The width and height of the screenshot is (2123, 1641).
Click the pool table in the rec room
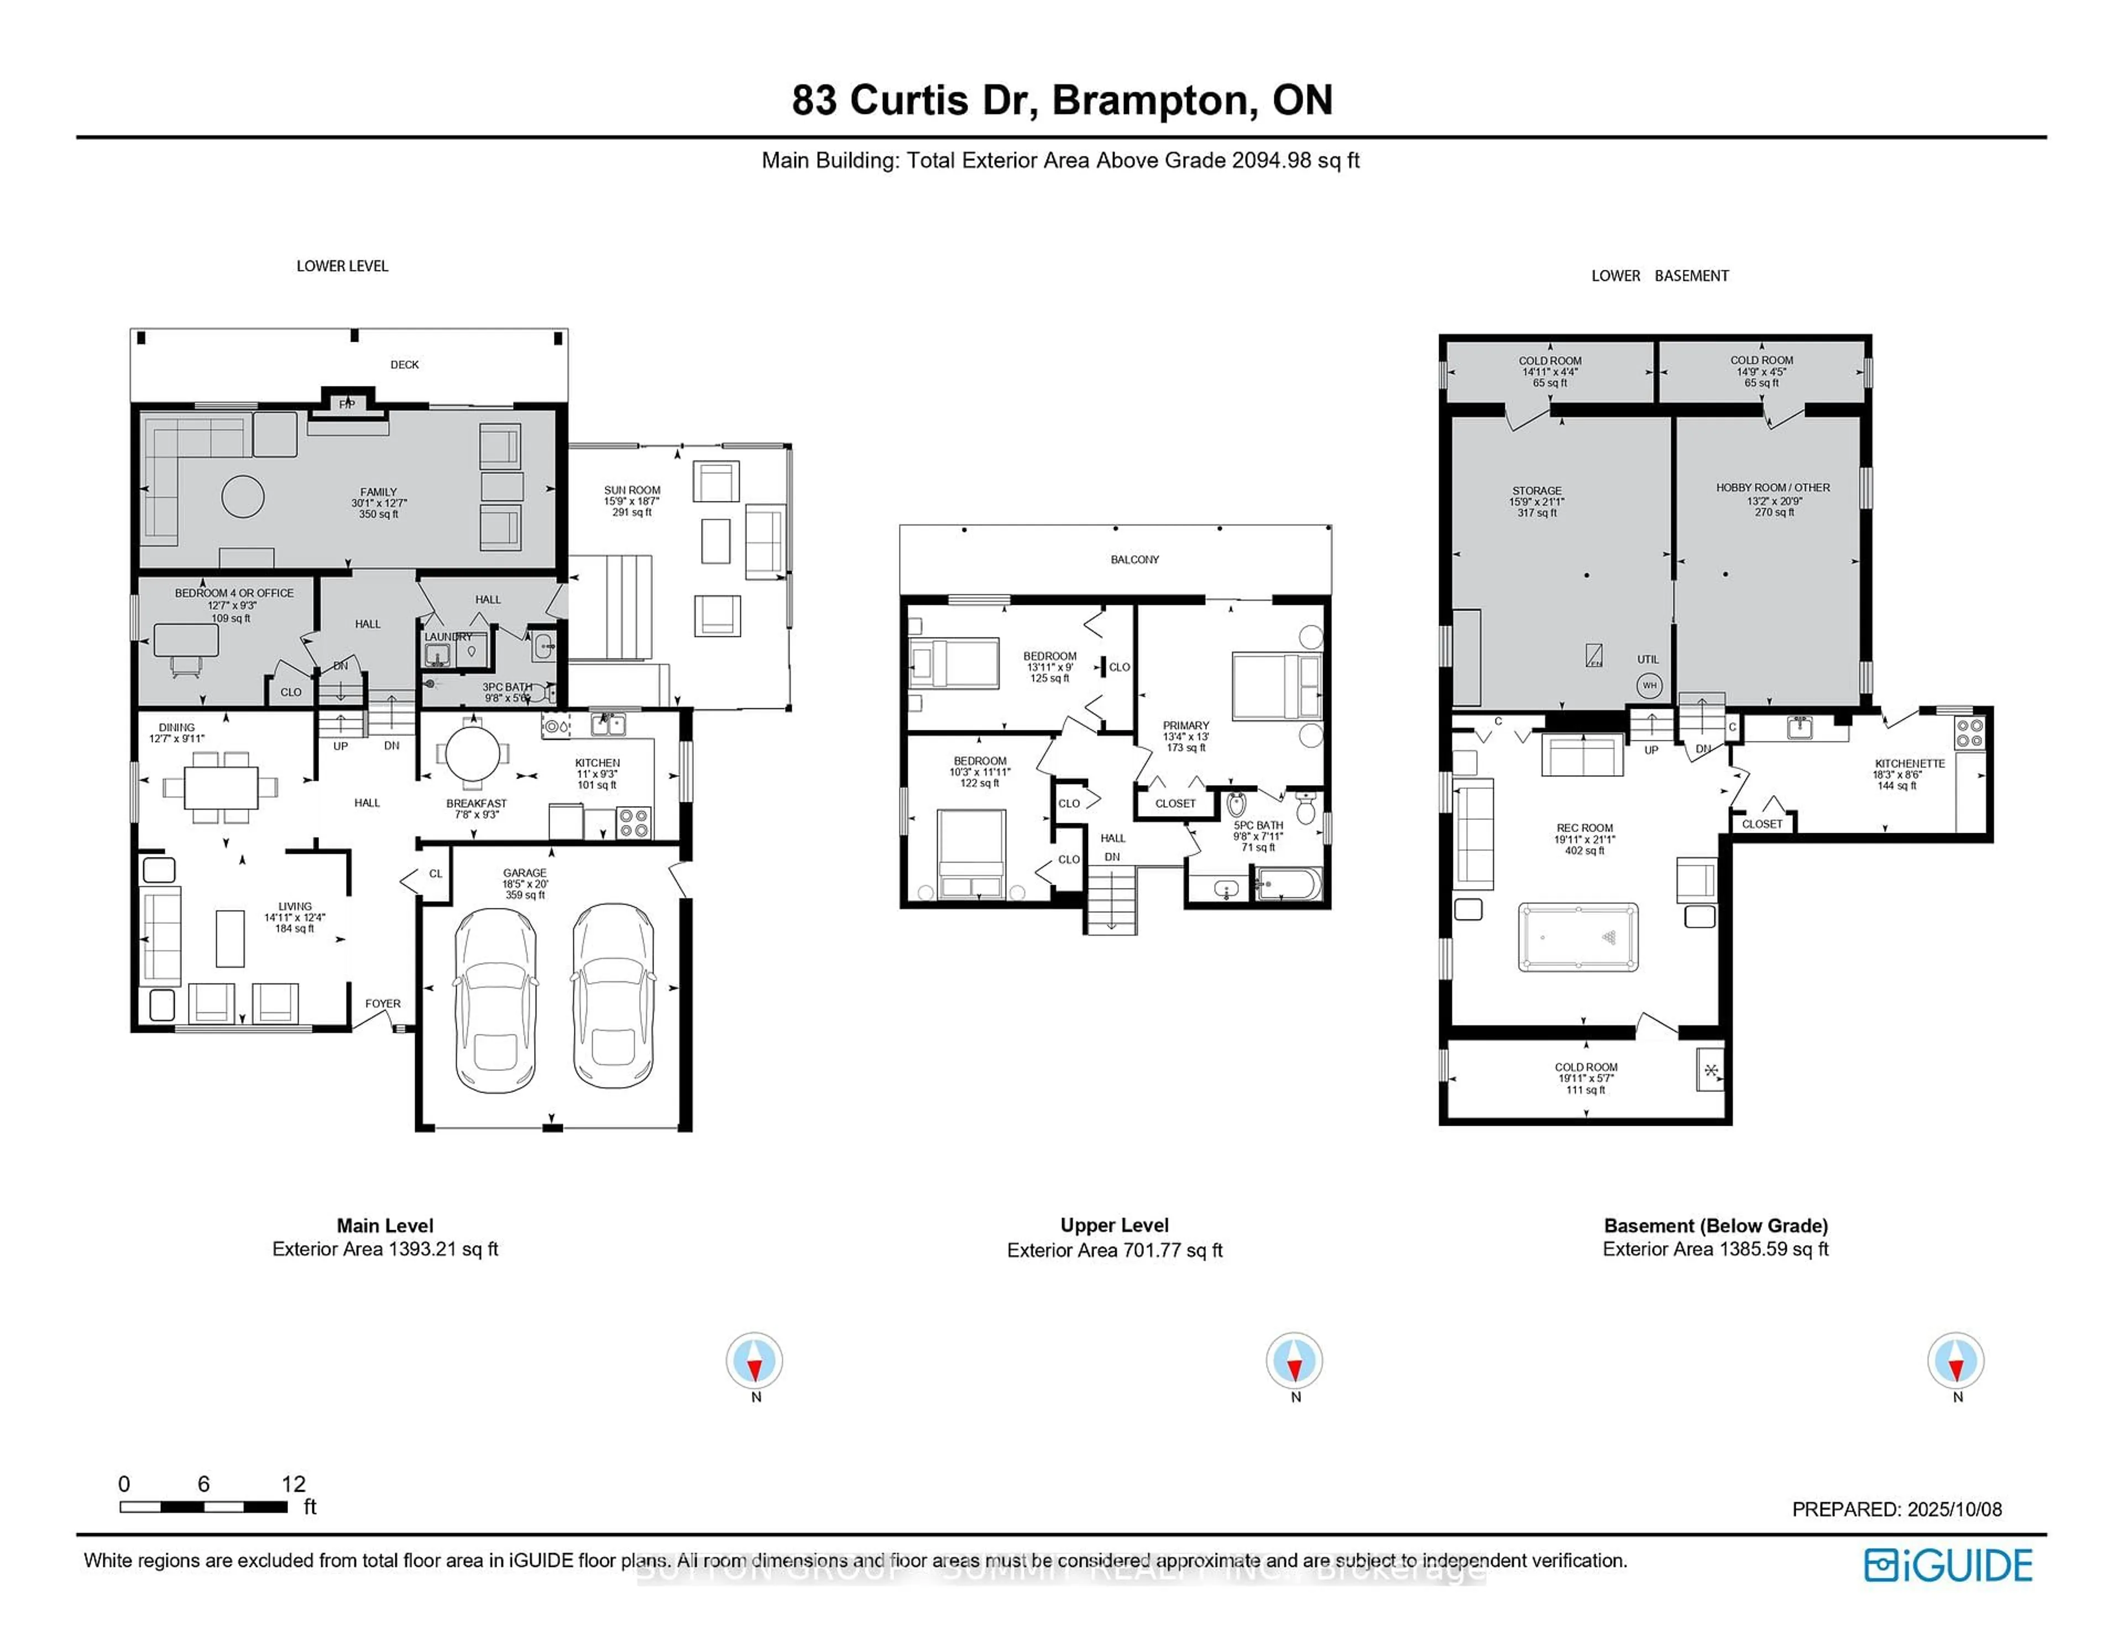(1578, 937)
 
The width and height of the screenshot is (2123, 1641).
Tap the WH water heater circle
(1650, 686)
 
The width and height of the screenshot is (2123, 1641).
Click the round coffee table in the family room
(243, 497)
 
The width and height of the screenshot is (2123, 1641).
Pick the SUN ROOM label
(632, 490)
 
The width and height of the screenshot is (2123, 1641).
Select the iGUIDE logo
(1948, 1565)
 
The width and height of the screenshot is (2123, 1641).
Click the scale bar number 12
(294, 1483)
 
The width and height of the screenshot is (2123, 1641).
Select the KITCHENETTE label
(1909, 763)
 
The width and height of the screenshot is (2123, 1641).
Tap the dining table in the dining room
(222, 786)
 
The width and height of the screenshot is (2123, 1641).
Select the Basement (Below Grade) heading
(1716, 1226)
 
